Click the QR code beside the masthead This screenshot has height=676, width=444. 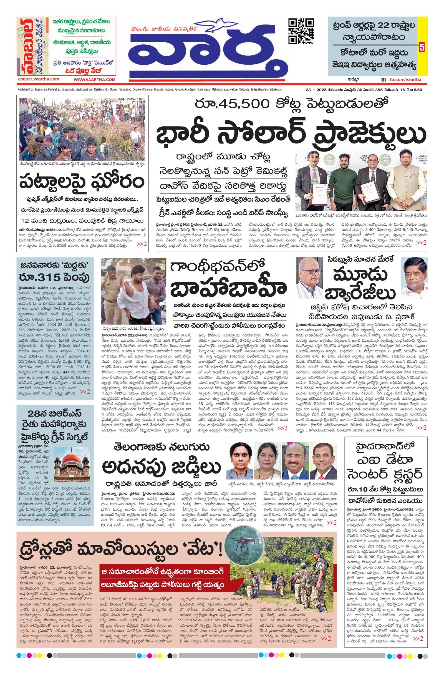click(x=301, y=31)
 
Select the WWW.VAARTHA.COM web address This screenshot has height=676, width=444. click(x=95, y=80)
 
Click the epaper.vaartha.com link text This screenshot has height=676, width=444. click(x=38, y=79)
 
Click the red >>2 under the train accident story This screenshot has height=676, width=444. click(x=142, y=243)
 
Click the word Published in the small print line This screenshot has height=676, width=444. click(x=23, y=89)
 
